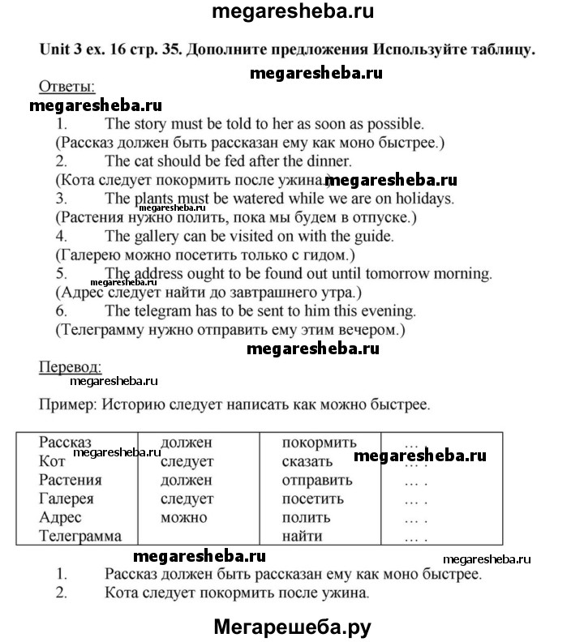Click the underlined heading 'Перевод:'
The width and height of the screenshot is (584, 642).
(x=71, y=366)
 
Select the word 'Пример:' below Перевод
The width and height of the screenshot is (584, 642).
(x=66, y=403)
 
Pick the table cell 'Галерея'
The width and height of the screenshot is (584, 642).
(x=67, y=499)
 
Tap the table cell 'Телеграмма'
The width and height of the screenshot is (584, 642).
(x=80, y=536)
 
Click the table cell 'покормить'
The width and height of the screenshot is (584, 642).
(x=319, y=443)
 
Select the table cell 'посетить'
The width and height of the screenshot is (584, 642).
(x=312, y=499)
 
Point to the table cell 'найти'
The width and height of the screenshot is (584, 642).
(x=302, y=536)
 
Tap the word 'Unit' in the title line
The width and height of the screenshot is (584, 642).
(x=55, y=50)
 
